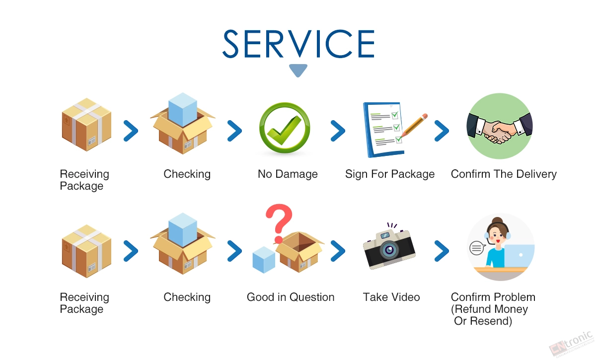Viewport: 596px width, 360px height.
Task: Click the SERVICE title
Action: pyautogui.click(x=298, y=44)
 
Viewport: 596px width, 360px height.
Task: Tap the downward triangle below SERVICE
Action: pyautogui.click(x=298, y=71)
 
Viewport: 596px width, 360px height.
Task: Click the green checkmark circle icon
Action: pyautogui.click(x=285, y=128)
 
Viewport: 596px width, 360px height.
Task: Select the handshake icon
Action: pyautogui.click(x=500, y=126)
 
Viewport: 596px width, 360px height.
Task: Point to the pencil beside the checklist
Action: pyautogui.click(x=413, y=126)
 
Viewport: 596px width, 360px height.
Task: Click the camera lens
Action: pyautogui.click(x=389, y=250)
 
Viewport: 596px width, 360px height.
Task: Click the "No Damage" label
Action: pyautogui.click(x=288, y=174)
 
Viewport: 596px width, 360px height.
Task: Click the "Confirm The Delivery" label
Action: pyautogui.click(x=504, y=174)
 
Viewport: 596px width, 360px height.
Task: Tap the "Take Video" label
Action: pyautogui.click(x=391, y=297)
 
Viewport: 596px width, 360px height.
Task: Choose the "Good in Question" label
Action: pyautogui.click(x=291, y=297)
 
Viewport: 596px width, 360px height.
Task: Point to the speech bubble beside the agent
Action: pyautogui.click(x=477, y=248)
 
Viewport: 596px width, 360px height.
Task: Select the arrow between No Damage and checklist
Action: pyautogui.click(x=338, y=131)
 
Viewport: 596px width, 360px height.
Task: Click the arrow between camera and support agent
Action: pyautogui.click(x=442, y=251)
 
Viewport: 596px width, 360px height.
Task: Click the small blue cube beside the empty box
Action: pyautogui.click(x=264, y=260)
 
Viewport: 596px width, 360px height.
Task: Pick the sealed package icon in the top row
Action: pyautogui.click(x=86, y=125)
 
